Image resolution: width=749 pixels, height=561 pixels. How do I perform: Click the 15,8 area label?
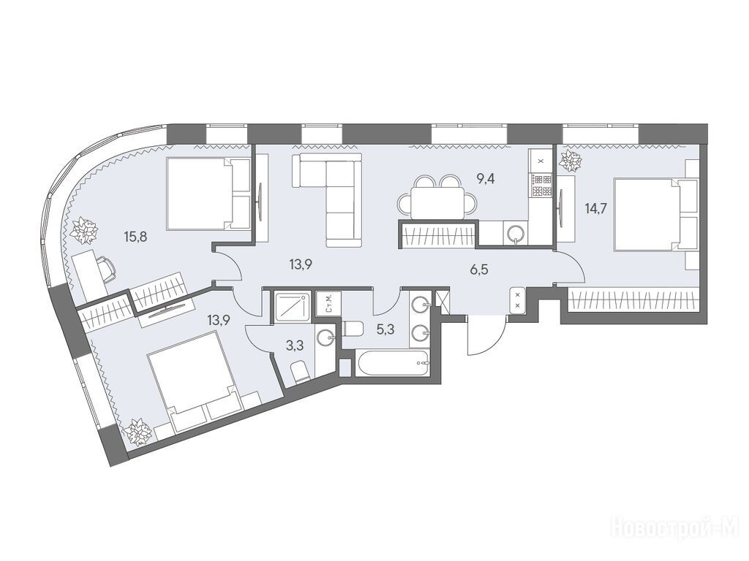tap(135, 237)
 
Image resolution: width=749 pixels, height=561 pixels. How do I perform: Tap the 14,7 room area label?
tap(595, 208)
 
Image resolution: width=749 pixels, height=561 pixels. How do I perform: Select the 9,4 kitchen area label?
tap(486, 180)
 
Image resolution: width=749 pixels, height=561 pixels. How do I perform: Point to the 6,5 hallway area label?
tap(478, 270)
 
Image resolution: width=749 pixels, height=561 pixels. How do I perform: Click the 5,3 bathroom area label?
tap(385, 329)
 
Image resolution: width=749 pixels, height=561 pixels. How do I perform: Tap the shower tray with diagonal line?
tap(293, 306)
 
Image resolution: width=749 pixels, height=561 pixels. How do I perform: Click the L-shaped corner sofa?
tap(334, 191)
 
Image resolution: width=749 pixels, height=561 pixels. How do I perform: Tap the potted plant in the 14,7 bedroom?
tap(571, 161)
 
